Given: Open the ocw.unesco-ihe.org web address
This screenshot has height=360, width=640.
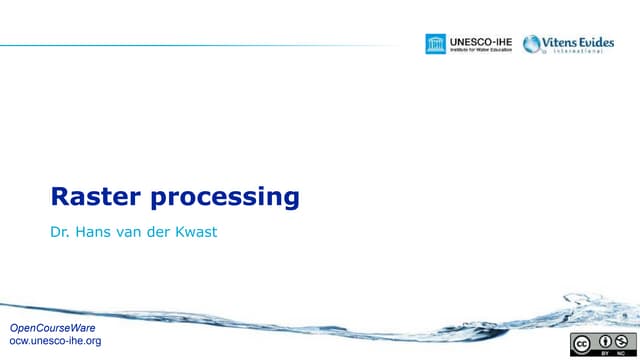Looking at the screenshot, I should click(55, 341).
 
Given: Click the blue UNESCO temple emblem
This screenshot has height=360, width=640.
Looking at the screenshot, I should click(435, 44).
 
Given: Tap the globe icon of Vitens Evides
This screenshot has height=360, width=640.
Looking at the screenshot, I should click(531, 44).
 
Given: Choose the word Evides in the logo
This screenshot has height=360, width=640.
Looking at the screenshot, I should click(593, 41).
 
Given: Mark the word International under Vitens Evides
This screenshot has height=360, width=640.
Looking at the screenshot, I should click(578, 52).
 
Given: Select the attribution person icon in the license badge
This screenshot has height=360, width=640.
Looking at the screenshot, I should click(608, 340).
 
